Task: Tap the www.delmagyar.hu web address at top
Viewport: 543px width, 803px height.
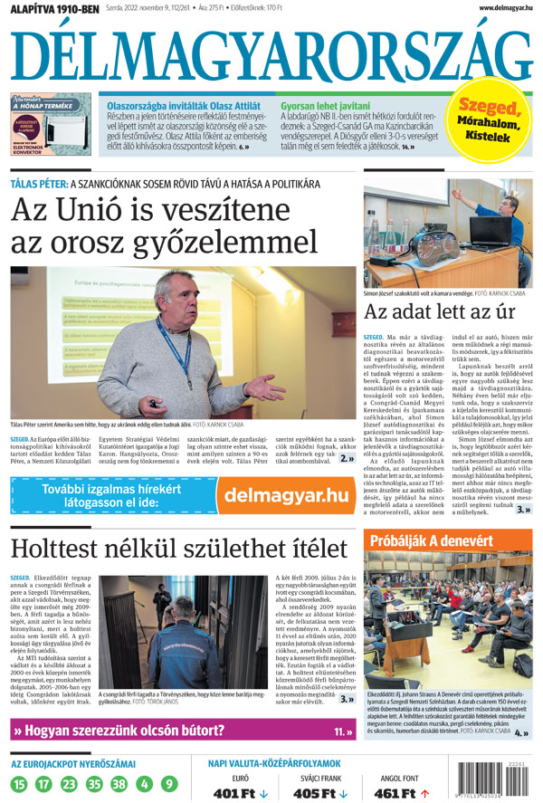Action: [492, 7]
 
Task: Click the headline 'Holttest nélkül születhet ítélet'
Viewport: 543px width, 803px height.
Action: [179, 548]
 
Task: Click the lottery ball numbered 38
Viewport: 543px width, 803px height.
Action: [119, 783]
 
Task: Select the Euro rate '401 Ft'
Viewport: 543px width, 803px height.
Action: [239, 793]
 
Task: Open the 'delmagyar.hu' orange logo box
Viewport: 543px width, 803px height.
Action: [285, 495]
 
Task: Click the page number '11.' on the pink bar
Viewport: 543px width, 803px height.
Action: [343, 731]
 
